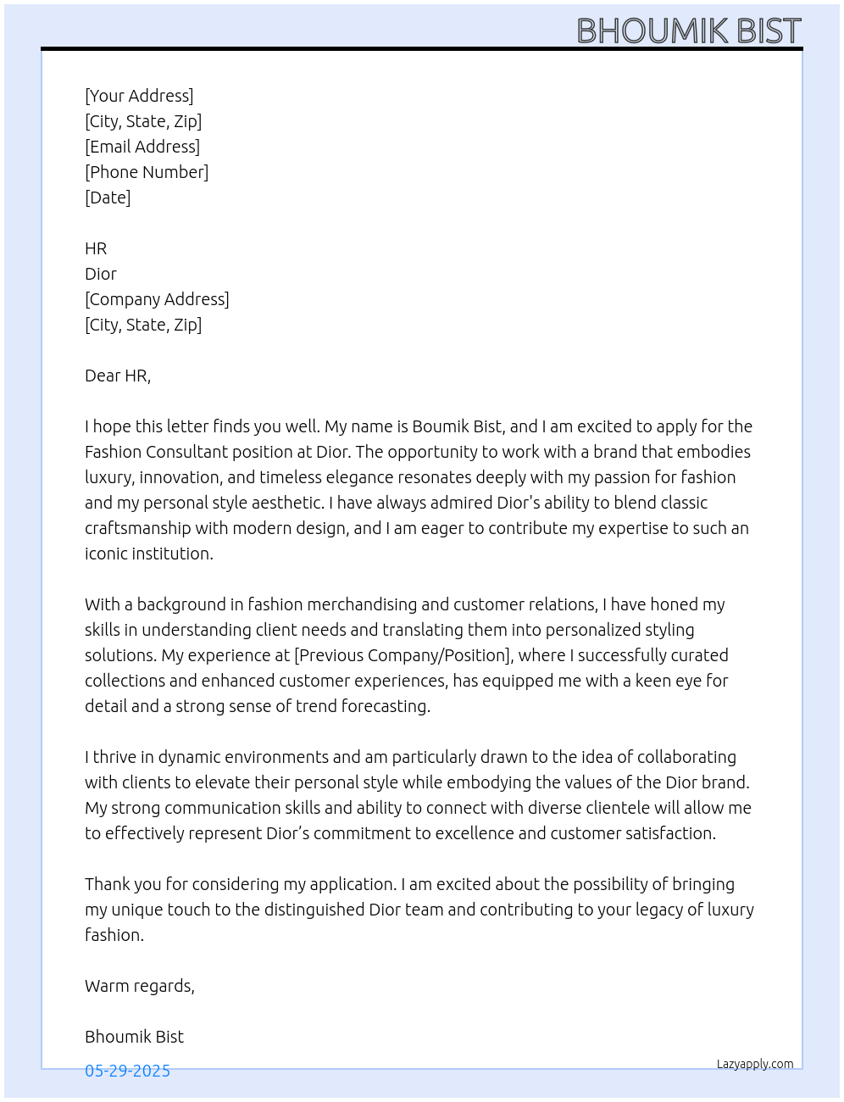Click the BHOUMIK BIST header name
(688, 31)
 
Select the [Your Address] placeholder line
(139, 96)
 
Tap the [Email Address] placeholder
(142, 147)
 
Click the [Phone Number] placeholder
(147, 172)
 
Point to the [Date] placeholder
(108, 198)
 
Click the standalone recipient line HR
(96, 248)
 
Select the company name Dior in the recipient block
(100, 274)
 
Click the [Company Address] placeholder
(157, 299)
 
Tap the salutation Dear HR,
(118, 376)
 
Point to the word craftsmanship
(138, 528)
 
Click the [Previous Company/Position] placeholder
(403, 655)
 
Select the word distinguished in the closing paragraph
(314, 910)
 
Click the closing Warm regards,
(140, 986)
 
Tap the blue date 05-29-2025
(127, 1071)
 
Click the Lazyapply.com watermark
(755, 1064)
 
